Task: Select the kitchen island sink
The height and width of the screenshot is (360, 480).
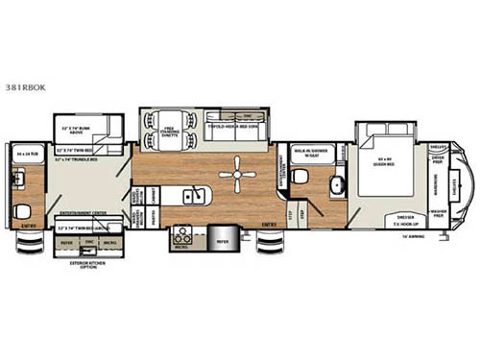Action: click(193, 199)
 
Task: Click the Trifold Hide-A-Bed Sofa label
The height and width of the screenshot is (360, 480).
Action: click(230, 125)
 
